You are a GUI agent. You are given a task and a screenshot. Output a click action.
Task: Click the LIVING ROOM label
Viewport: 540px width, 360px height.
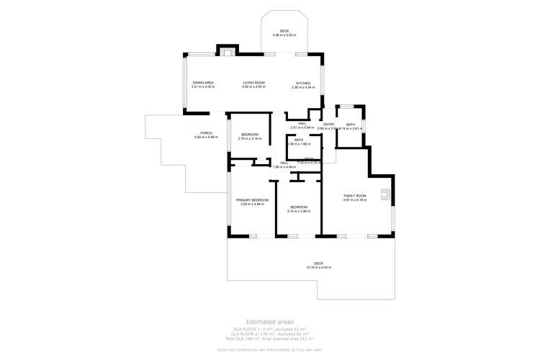253,83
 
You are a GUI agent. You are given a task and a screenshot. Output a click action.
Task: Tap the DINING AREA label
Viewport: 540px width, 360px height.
203,83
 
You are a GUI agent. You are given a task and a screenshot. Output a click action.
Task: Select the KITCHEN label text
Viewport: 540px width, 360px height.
303,84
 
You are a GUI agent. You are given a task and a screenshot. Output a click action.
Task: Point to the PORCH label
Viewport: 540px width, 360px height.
206,133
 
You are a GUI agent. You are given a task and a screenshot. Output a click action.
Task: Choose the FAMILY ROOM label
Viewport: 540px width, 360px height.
354,196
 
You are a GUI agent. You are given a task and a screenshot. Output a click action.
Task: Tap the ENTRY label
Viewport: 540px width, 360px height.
329,125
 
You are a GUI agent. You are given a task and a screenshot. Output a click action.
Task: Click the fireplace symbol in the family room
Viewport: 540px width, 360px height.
385,194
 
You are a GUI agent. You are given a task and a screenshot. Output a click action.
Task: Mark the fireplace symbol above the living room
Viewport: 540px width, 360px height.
228,52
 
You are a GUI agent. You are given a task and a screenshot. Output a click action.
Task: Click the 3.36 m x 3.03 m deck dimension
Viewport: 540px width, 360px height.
284,35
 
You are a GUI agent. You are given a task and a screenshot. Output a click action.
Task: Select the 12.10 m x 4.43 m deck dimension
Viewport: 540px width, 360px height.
318,267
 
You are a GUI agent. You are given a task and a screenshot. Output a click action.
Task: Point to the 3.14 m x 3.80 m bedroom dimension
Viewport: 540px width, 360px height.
298,211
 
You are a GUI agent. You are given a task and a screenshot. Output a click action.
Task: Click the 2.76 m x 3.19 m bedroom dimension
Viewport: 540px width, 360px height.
249,138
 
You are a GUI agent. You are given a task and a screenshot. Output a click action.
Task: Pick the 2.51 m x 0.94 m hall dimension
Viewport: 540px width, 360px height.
302,127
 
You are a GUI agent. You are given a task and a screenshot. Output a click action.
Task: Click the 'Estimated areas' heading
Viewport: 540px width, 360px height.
270,322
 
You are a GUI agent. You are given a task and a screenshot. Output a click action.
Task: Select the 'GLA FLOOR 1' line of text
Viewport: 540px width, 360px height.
270,328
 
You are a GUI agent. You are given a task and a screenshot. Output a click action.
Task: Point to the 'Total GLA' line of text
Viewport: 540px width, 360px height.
270,338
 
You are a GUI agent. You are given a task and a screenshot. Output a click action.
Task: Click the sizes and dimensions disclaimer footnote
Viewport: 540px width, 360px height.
270,350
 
